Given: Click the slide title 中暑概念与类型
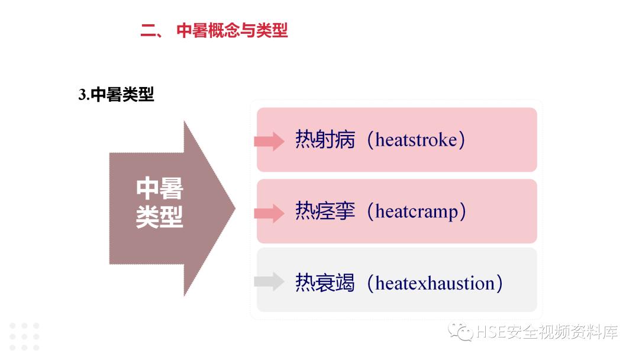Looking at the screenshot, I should (232, 31).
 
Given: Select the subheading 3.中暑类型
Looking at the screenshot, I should (116, 95).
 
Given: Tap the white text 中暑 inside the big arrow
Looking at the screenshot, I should (159, 189).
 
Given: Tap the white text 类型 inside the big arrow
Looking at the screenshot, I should (159, 217).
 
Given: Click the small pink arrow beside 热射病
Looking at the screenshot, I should (269, 141).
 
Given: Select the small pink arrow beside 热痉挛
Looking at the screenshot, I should (269, 213).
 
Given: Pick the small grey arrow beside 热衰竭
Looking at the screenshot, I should (269, 282).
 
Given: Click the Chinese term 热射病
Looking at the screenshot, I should (325, 140).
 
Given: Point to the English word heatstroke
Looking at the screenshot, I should (416, 141).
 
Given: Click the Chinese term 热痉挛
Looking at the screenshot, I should (325, 211).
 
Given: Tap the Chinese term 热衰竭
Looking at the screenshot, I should (325, 283).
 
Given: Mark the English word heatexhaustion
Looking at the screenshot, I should (435, 283).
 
